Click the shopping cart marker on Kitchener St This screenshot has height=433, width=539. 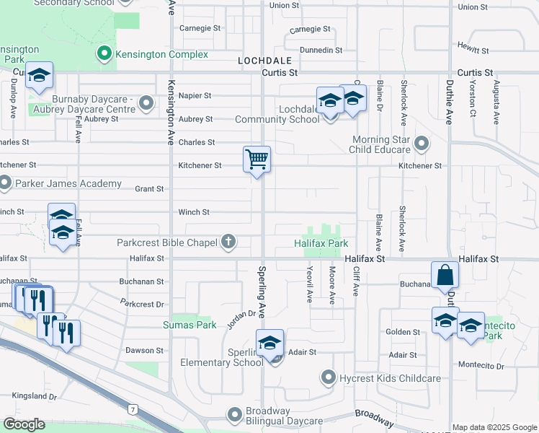pyautogui.click(x=257, y=159)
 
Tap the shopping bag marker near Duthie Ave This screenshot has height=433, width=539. pyautogui.click(x=445, y=275)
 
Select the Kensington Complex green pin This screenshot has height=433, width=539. pyautogui.click(x=105, y=54)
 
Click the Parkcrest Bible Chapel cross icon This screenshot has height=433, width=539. pyautogui.click(x=228, y=242)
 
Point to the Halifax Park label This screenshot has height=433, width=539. pyautogui.click(x=321, y=243)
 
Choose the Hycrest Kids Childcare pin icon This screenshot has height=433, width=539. pyautogui.click(x=329, y=378)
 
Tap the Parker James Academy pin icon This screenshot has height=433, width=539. pyautogui.click(x=5, y=183)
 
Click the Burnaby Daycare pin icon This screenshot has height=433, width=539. pyautogui.click(x=146, y=103)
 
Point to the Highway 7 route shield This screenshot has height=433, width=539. pyautogui.click(x=133, y=410)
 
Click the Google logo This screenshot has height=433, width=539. pyautogui.click(x=24, y=424)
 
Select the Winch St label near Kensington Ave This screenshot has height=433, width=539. pyautogui.click(x=194, y=212)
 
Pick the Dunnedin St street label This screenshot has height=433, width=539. pyautogui.click(x=321, y=50)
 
